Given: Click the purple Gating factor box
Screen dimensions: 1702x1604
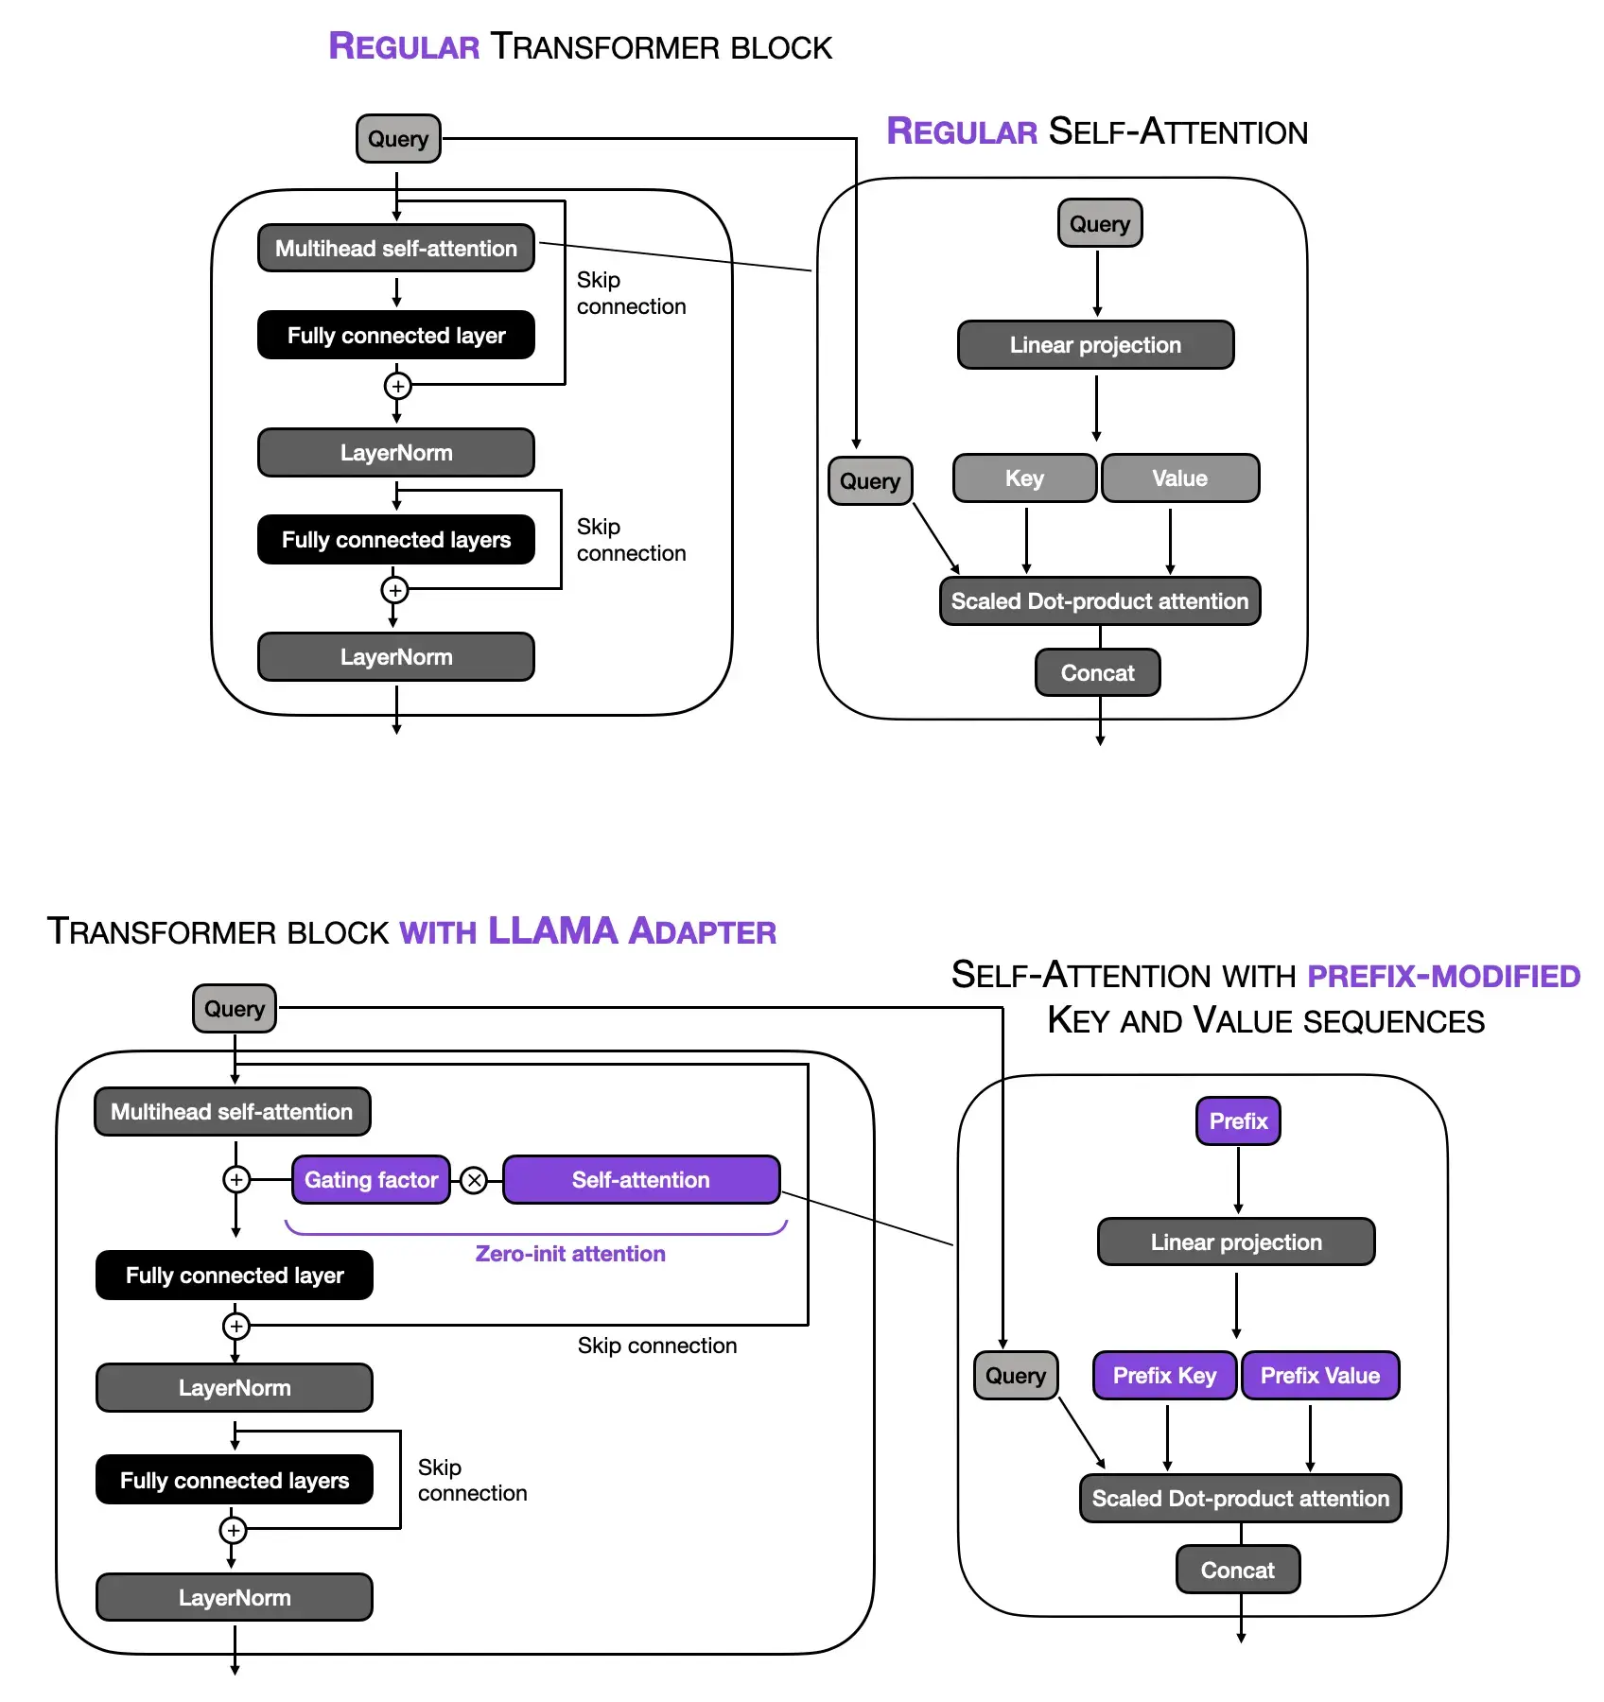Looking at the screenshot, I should [x=371, y=1179].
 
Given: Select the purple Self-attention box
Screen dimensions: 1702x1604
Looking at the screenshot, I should [x=641, y=1179].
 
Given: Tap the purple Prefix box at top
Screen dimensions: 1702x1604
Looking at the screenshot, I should [x=1238, y=1121].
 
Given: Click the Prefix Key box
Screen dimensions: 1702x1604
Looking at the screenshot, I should [x=1164, y=1376].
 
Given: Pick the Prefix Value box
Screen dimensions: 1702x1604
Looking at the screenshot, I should [x=1320, y=1376].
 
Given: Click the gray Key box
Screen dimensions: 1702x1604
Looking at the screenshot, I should [x=1024, y=478].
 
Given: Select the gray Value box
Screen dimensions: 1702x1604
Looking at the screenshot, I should [x=1179, y=478].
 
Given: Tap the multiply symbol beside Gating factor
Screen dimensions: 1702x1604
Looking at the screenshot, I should [x=475, y=1180].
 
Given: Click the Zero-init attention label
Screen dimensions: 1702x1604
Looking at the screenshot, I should [x=570, y=1254].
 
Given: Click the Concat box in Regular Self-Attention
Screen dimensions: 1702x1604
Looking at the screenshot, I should [x=1097, y=673].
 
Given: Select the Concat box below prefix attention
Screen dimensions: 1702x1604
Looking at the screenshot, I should [x=1237, y=1571].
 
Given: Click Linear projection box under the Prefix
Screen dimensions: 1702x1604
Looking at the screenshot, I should [x=1236, y=1242].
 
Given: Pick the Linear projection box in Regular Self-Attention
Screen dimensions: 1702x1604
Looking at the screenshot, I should [x=1095, y=345].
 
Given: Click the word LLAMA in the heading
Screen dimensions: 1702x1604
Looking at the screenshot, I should [x=552, y=931].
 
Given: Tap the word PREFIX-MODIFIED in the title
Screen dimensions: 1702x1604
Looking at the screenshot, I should [x=1443, y=976].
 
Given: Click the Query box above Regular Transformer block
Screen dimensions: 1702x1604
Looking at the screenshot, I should [x=398, y=139].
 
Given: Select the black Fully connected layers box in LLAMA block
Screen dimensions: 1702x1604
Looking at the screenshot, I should [x=235, y=1481].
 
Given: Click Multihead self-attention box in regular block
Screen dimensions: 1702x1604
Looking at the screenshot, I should [x=396, y=249].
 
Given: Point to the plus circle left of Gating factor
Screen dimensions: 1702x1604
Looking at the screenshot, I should [x=236, y=1179].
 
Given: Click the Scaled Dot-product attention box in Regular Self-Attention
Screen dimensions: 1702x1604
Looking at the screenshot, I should [x=1100, y=601].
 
